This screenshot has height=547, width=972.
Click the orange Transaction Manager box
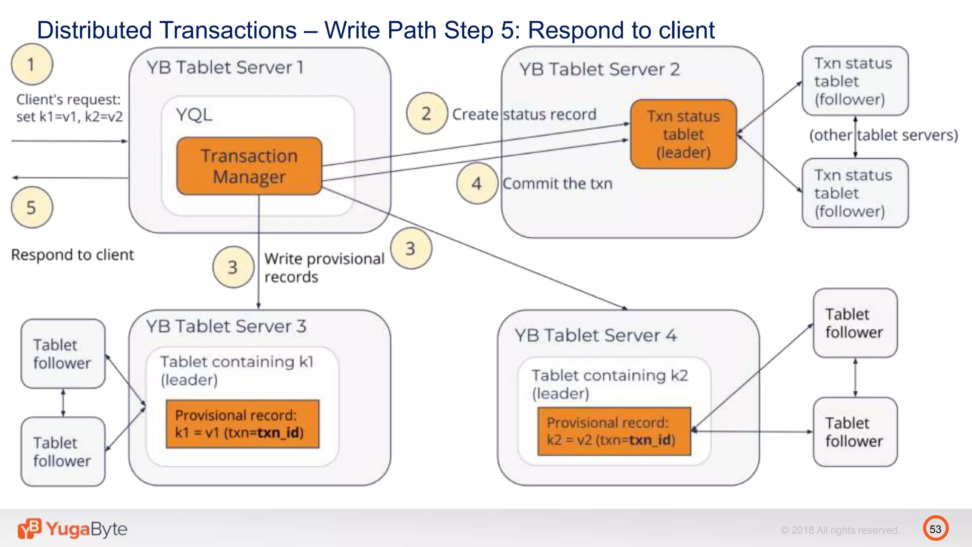(x=249, y=166)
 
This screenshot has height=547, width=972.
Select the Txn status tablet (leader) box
(x=683, y=134)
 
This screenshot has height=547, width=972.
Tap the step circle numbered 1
(x=32, y=64)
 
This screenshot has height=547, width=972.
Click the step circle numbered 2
(x=427, y=113)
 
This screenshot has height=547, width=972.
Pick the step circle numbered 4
(x=477, y=183)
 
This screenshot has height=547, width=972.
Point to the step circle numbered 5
(x=32, y=207)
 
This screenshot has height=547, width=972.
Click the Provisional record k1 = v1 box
(x=243, y=424)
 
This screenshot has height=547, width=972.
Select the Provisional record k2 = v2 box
(x=614, y=431)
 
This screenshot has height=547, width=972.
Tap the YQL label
(x=194, y=115)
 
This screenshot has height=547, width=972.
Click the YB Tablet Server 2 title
(x=599, y=70)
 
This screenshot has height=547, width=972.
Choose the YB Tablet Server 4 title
(x=596, y=336)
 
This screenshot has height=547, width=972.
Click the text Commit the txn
(x=558, y=184)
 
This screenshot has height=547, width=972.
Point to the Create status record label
(x=524, y=114)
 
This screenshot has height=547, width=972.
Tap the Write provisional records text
(x=324, y=268)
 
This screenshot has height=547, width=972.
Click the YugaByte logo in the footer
(x=73, y=529)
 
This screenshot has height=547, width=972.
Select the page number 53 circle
(x=935, y=529)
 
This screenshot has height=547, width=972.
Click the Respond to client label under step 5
(x=73, y=255)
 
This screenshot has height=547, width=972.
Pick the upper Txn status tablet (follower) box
(x=855, y=81)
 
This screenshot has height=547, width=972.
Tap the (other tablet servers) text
(x=883, y=135)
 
